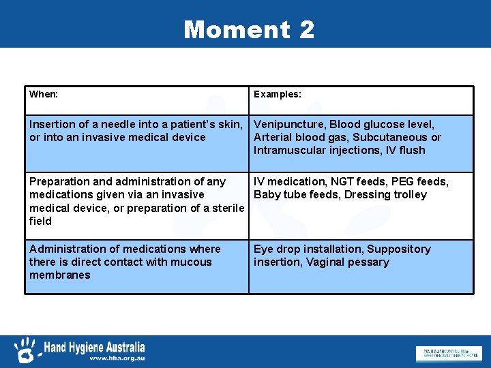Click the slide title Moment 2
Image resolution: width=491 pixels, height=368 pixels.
[249, 29]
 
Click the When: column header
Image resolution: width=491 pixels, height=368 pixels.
[44, 94]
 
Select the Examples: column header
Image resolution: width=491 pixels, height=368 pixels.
[278, 94]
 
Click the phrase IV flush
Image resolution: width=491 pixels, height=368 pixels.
[407, 150]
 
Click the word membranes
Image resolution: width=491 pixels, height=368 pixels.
[60, 275]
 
